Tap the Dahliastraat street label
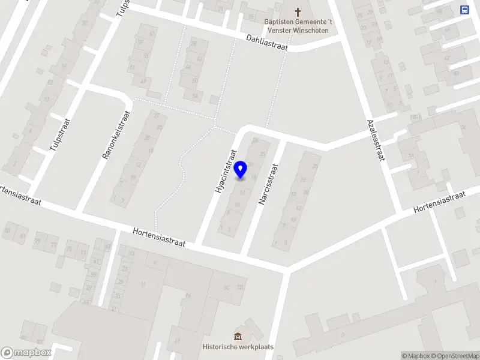(x=266, y=41)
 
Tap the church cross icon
(x=298, y=11)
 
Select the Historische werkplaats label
(x=238, y=347)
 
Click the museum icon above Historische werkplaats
(x=238, y=336)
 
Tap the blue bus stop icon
(x=464, y=10)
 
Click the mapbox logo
(x=26, y=353)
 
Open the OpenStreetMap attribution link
(x=455, y=356)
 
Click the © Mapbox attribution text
(x=415, y=356)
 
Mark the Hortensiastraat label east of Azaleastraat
(x=440, y=203)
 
